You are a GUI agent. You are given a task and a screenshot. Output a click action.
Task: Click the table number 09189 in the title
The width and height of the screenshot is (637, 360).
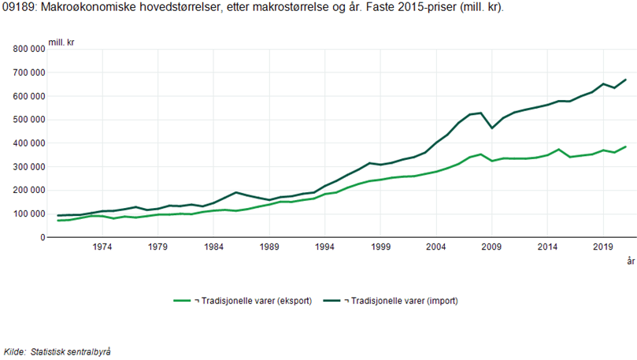click(17, 8)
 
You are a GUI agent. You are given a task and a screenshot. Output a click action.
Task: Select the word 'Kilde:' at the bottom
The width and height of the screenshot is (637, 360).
click(15, 351)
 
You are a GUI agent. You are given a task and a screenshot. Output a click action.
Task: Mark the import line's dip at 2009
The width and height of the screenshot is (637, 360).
click(491, 128)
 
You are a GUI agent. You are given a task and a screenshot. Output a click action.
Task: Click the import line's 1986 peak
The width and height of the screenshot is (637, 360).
click(235, 192)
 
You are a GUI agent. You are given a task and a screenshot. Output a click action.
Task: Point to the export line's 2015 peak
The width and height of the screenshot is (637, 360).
click(558, 149)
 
